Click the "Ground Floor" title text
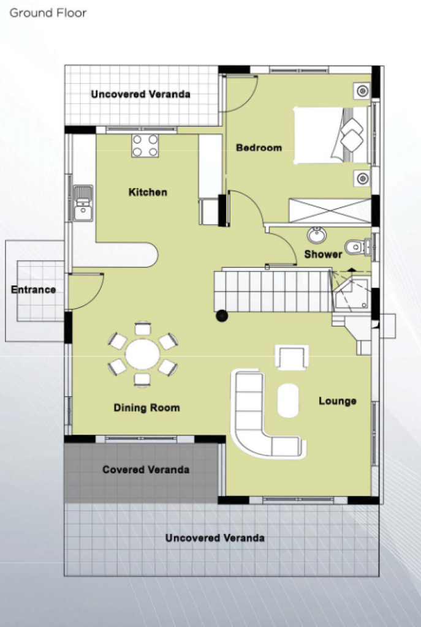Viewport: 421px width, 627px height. coord(48,13)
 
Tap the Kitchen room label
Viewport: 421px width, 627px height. coord(148,192)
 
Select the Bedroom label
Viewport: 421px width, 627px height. coord(259,148)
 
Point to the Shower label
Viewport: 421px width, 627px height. coord(323,254)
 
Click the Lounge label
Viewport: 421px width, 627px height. coord(338,401)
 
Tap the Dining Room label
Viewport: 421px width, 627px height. coord(147,408)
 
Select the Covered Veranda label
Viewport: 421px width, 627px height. coord(146,470)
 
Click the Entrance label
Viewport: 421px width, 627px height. coord(33,290)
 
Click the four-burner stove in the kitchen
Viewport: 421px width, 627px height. coord(145,146)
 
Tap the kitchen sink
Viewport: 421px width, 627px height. coord(83,203)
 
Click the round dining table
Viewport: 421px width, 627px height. coord(142,355)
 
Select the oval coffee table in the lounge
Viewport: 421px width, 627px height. coord(288,400)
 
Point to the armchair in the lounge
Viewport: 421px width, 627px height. coord(292,357)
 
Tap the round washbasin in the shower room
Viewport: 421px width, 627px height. coord(317,235)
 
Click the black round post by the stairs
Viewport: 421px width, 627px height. coord(222,316)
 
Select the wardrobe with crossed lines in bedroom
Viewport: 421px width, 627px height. coord(330,211)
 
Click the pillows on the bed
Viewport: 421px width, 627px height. coord(351,135)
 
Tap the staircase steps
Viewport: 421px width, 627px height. coord(273,291)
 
